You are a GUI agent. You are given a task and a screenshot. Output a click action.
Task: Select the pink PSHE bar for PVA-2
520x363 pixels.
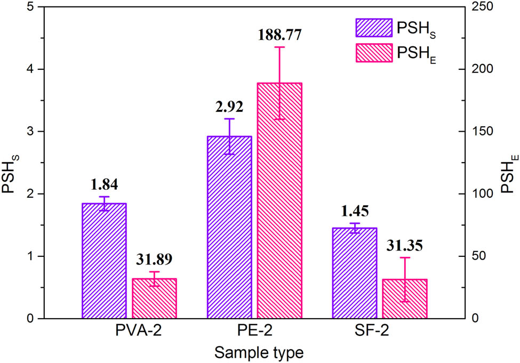point(154,298)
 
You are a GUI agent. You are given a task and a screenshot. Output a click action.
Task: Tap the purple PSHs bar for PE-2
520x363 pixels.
point(229,227)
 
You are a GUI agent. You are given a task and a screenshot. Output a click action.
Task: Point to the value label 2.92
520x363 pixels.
point(229,107)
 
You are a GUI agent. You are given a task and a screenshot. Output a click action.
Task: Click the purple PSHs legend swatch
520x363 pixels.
point(373,27)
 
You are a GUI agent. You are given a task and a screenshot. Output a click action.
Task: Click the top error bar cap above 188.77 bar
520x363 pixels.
point(279,47)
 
